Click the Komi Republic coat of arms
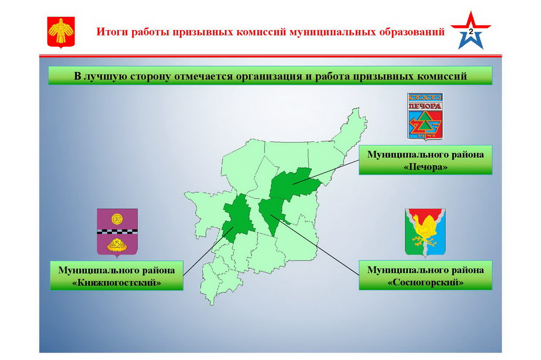[x=61, y=32]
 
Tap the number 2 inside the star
[x=471, y=32]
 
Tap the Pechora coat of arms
[x=425, y=116]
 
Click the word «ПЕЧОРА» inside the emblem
[x=425, y=106]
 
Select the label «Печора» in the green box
[x=425, y=167]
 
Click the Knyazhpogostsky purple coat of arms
[x=117, y=232]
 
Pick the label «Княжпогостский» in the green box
[x=117, y=283]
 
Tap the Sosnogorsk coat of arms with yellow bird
[x=425, y=232]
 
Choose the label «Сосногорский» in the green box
[x=425, y=282]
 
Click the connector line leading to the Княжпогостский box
[x=208, y=251]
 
